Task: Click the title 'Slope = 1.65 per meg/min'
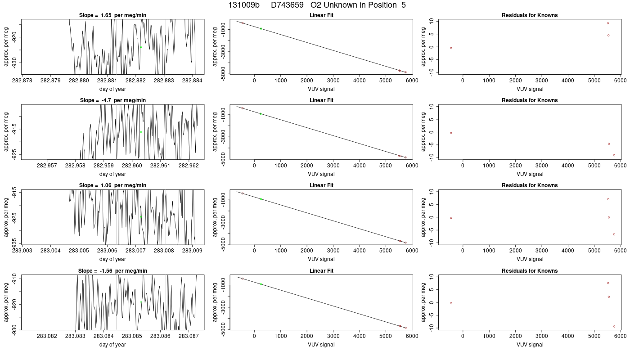click(112, 15)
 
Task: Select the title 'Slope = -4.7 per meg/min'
click(113, 100)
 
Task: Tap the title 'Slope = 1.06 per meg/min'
click(112, 185)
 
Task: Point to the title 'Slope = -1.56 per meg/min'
click(112, 271)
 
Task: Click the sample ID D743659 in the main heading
click(287, 5)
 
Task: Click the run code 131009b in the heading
click(244, 5)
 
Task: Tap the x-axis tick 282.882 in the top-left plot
click(135, 81)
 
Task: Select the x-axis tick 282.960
click(132, 166)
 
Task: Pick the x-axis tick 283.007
click(135, 250)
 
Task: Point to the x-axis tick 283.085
click(132, 336)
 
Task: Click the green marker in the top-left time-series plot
click(141, 47)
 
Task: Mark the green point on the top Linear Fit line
click(261, 29)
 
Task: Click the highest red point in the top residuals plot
click(608, 23)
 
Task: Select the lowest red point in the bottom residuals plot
click(614, 327)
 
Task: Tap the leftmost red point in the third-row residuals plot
click(451, 218)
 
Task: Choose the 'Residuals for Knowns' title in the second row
click(530, 100)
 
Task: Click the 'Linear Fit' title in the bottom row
click(321, 271)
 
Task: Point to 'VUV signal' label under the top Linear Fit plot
click(321, 89)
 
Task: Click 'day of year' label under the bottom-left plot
click(112, 345)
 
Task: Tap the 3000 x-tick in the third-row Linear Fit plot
click(333, 250)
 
